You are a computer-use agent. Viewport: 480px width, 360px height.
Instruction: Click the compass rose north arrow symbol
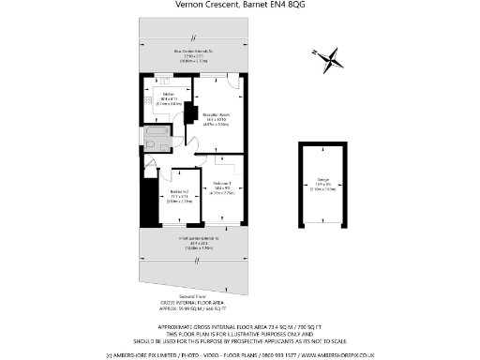tap(327, 61)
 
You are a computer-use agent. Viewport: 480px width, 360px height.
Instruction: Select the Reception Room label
tap(217, 119)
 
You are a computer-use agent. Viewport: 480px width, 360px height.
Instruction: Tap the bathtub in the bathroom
tap(154, 135)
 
